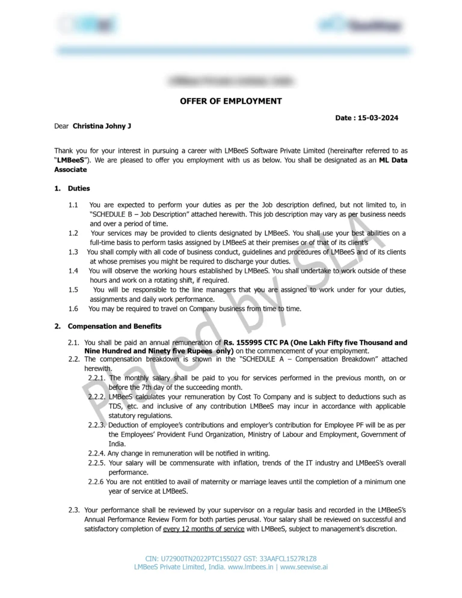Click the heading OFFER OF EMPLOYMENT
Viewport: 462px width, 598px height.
point(230,101)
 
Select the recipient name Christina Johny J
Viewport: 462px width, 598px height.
point(102,126)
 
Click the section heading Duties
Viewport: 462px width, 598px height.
point(79,188)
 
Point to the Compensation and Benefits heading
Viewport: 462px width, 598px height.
point(114,326)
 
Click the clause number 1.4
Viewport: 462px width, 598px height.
point(73,271)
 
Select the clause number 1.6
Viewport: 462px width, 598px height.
point(73,309)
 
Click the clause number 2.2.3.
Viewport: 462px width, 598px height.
point(97,425)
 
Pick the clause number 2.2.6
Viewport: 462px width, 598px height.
point(96,482)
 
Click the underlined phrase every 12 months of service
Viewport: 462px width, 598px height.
point(203,529)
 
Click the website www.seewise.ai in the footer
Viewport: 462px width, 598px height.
point(304,567)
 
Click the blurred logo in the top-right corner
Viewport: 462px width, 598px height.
point(360,25)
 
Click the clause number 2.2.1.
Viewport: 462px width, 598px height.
point(97,378)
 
